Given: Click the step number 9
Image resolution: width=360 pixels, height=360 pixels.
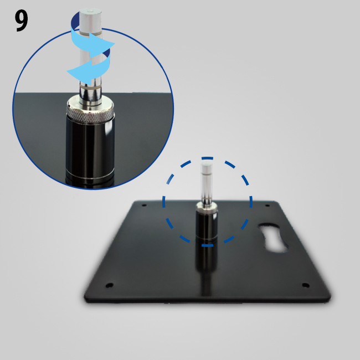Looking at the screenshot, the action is [22, 21].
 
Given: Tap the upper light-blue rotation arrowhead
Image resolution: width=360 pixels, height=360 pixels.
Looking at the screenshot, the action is [104, 45].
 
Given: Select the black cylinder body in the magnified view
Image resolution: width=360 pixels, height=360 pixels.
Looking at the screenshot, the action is [90, 149].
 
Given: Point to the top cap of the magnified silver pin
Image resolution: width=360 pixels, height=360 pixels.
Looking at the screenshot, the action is [90, 12].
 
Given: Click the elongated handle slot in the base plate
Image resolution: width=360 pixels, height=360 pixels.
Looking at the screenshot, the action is [272, 237].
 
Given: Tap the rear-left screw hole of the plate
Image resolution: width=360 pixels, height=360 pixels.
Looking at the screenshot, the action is [144, 205].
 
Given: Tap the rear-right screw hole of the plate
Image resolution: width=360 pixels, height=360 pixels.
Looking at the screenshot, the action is [268, 205].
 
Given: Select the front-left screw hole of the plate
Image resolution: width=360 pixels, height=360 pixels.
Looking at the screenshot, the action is [109, 285].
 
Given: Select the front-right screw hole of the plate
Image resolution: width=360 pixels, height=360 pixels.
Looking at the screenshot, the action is [306, 285].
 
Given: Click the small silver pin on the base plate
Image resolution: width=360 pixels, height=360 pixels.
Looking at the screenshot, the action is [207, 183].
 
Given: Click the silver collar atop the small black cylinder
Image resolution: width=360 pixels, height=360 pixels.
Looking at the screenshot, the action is [207, 207].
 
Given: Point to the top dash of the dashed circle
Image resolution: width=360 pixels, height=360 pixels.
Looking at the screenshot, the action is [207, 158].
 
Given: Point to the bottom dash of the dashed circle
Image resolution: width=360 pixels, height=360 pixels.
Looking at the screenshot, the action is [207, 245].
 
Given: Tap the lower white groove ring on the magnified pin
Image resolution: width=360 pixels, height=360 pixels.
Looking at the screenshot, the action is [90, 88].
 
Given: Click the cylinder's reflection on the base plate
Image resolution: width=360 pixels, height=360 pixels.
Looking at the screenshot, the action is [206, 264].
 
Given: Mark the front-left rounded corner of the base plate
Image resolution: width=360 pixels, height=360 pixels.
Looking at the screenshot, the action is [86, 299].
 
